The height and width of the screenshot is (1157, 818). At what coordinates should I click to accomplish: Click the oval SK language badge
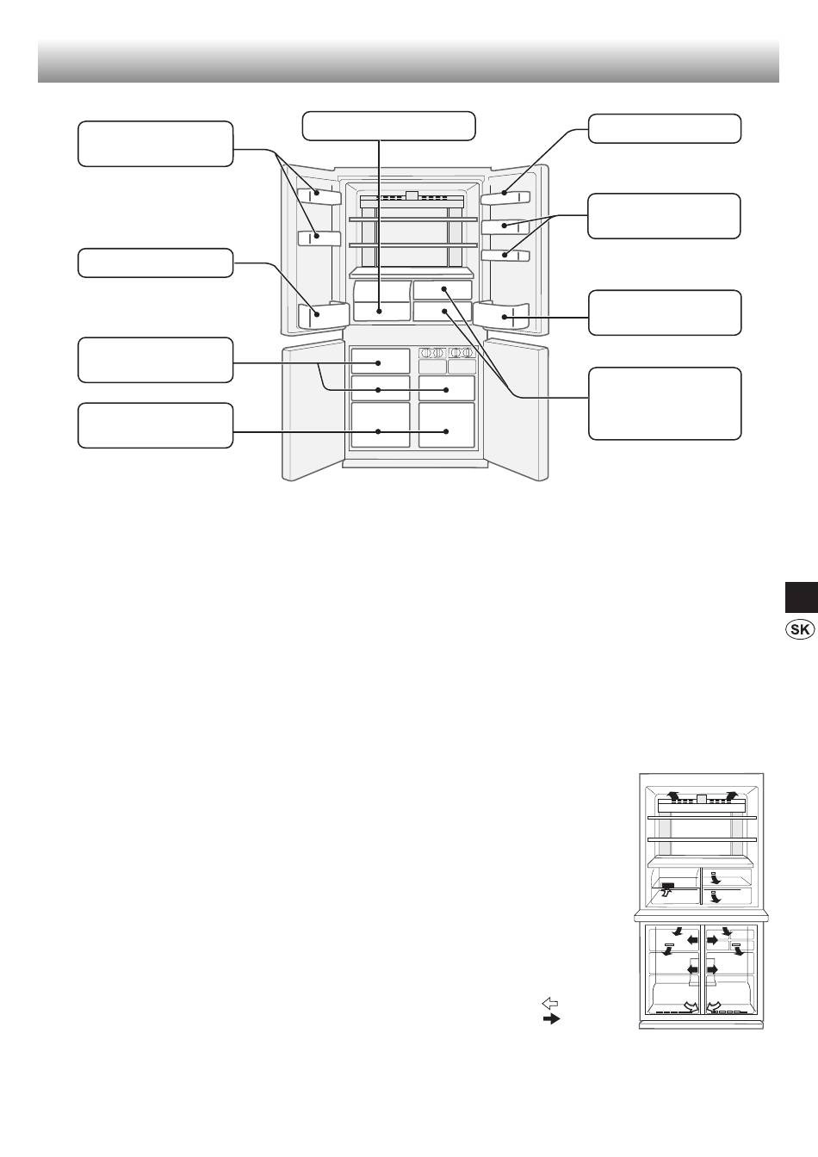[x=799, y=629]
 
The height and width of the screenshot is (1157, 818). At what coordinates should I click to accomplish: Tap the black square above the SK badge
[x=799, y=597]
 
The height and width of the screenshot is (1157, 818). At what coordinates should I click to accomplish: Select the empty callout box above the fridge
[x=388, y=125]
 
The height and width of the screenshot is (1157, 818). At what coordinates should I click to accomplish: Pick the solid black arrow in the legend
[x=550, y=1018]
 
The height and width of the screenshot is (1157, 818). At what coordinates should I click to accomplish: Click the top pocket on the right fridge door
[x=504, y=197]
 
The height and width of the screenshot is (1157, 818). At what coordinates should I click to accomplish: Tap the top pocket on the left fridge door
[x=318, y=195]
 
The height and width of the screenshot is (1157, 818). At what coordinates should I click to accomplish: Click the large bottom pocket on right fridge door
[x=502, y=316]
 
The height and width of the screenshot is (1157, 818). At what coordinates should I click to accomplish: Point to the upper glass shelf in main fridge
[x=412, y=221]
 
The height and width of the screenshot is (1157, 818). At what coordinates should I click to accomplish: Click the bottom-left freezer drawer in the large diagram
[x=380, y=425]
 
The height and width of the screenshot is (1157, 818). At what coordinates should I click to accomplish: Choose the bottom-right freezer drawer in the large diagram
[x=447, y=425]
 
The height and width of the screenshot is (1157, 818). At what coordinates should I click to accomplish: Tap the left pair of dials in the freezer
[x=432, y=353]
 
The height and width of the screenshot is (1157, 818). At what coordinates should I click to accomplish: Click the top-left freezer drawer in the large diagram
[x=380, y=361]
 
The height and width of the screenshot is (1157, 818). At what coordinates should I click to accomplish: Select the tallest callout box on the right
[x=664, y=403]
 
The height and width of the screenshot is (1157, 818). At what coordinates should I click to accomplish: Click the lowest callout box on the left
[x=155, y=425]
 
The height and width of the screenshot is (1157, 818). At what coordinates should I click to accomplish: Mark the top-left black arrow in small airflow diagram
[x=674, y=796]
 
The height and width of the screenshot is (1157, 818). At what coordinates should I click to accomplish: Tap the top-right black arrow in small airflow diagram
[x=731, y=795]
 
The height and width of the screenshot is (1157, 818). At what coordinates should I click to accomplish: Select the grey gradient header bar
[x=408, y=59]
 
